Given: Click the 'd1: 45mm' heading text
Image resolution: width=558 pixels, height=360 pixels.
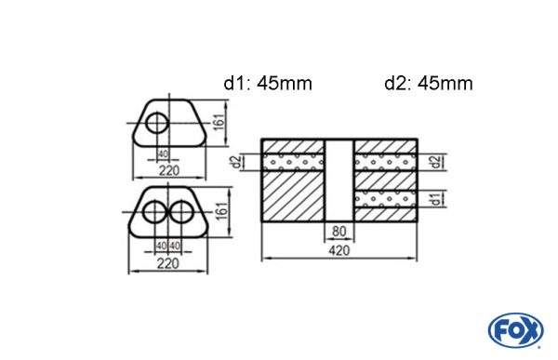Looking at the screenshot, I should (x=267, y=84).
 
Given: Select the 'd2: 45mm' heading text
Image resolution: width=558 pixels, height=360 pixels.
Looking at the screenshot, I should (x=428, y=84).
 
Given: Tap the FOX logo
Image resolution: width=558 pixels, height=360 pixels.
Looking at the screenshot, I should (x=515, y=329).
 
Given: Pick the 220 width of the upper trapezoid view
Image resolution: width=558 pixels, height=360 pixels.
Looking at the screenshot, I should (x=169, y=170).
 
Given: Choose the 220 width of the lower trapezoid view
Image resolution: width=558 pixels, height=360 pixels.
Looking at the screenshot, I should (x=169, y=262).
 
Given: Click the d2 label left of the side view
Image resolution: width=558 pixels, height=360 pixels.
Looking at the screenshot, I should (x=238, y=163).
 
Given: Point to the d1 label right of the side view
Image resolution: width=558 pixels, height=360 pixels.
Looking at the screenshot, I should (x=436, y=197).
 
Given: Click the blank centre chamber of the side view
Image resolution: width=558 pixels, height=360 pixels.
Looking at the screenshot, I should (x=339, y=181).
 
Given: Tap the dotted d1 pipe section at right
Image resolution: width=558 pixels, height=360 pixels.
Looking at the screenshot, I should (x=385, y=197).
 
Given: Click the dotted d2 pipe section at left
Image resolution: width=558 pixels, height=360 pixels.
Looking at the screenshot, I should (x=294, y=163).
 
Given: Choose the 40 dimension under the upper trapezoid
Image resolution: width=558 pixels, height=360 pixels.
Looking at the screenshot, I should (x=163, y=154).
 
